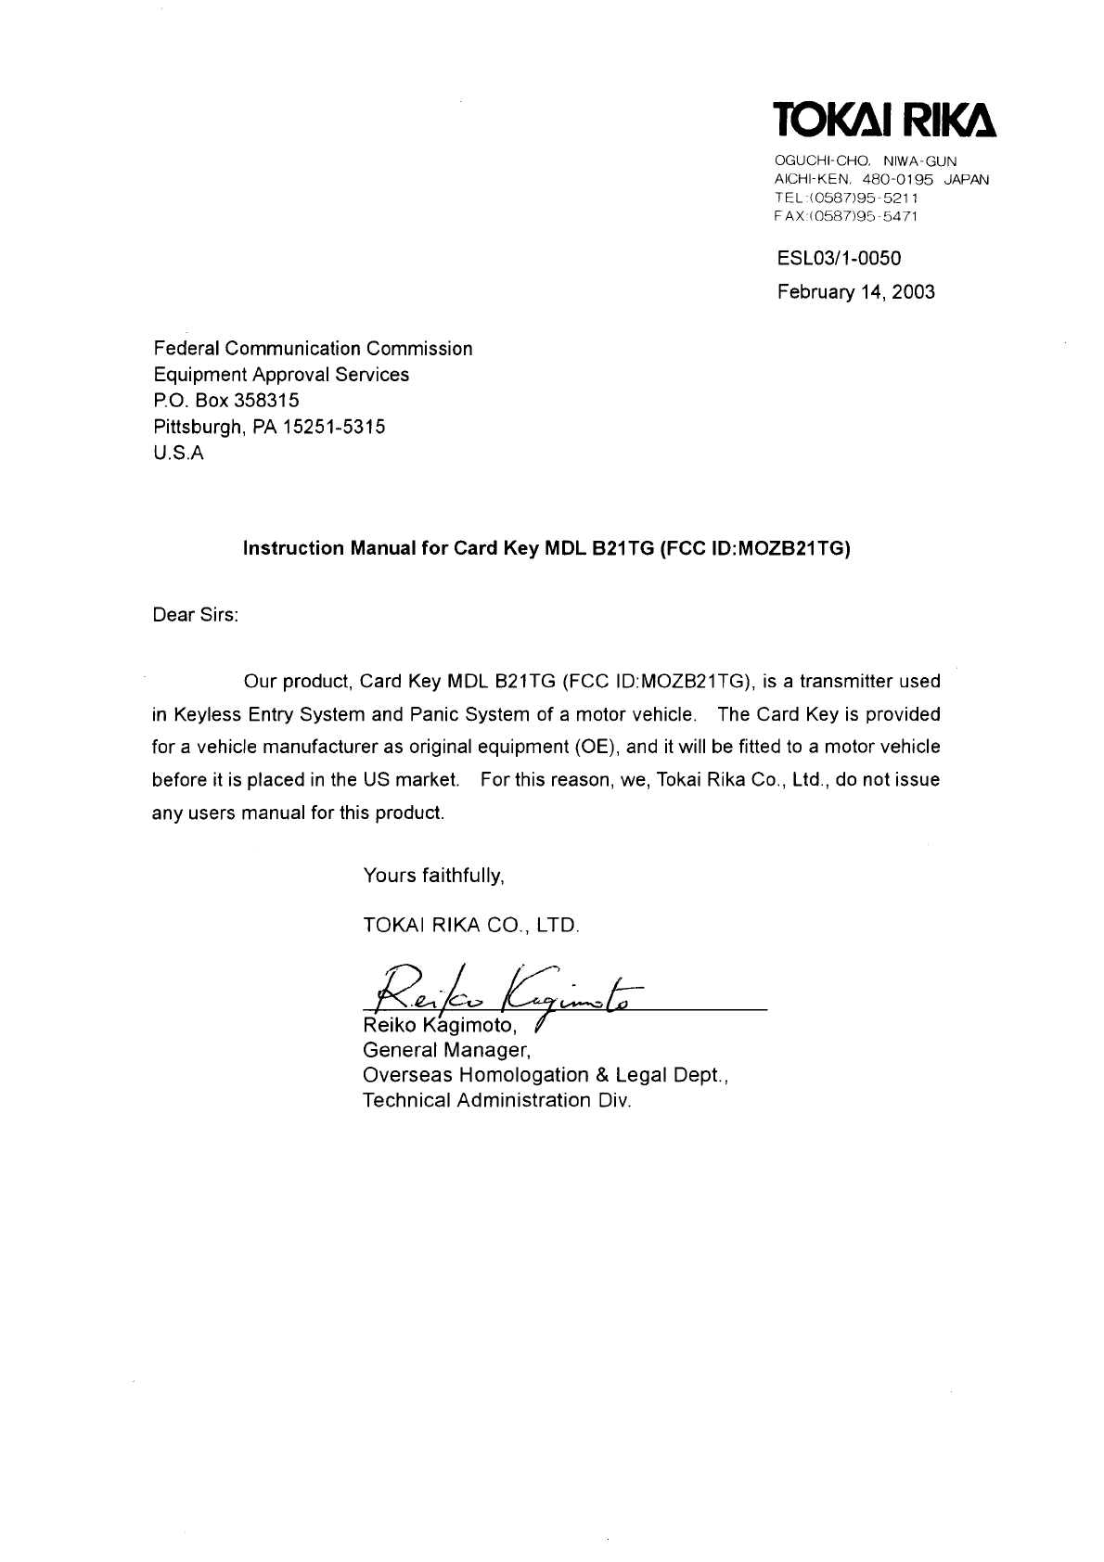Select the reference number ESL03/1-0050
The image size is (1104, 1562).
click(839, 258)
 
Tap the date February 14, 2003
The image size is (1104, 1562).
click(855, 292)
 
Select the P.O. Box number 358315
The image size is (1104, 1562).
click(259, 401)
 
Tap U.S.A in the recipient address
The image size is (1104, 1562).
click(177, 454)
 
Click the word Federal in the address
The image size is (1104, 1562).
click(186, 349)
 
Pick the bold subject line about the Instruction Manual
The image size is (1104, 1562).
click(546, 548)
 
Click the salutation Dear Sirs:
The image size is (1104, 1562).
click(195, 615)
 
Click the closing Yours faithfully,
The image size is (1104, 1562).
click(433, 875)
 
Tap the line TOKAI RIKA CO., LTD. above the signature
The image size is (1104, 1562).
click(471, 925)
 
